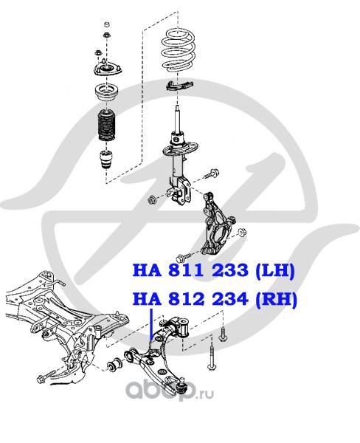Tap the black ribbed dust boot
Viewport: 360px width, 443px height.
tap(107, 126)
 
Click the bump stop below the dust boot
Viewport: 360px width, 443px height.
tap(106, 160)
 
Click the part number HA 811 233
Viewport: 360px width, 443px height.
tap(190, 270)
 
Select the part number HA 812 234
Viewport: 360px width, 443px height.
tap(190, 299)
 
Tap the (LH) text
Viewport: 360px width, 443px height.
tap(274, 271)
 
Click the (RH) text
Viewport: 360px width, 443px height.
tap(276, 299)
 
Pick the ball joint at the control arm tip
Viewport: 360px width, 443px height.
tap(181, 386)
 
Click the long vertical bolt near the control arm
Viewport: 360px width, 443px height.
tap(211, 355)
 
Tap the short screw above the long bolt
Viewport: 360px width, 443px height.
tap(223, 334)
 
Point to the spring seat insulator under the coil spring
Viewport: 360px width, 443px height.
tap(179, 85)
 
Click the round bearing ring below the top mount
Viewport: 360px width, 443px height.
tap(107, 93)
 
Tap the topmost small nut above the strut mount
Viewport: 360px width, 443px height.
tap(107, 24)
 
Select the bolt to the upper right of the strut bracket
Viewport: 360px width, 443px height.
tap(212, 174)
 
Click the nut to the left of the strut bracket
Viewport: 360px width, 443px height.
tap(152, 200)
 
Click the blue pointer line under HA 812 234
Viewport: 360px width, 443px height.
tap(151, 324)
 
